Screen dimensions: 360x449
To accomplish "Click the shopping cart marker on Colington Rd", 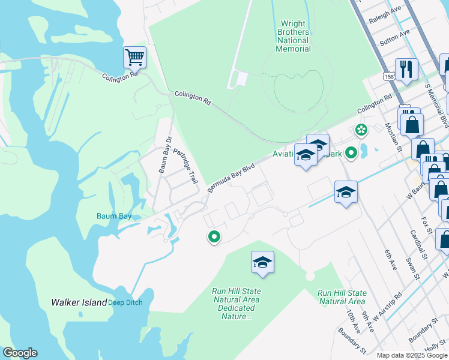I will click(135, 58).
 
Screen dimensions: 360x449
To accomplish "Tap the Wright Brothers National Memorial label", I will click(294, 36).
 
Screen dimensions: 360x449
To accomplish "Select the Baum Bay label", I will click(113, 216).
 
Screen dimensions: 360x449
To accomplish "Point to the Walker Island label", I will click(79, 302).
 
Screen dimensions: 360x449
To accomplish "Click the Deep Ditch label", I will click(125, 302).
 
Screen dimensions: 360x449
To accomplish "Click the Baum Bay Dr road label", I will click(165, 155).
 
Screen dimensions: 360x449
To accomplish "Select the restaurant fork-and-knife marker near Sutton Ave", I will click(406, 70).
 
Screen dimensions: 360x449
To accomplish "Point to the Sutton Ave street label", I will click(395, 37).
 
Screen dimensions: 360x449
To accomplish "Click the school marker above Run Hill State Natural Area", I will click(262, 262).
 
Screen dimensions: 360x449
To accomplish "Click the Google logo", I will click(20, 353).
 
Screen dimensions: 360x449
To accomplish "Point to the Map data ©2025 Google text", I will click(411, 355).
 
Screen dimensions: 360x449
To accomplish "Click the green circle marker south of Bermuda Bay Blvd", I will click(214, 238).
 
